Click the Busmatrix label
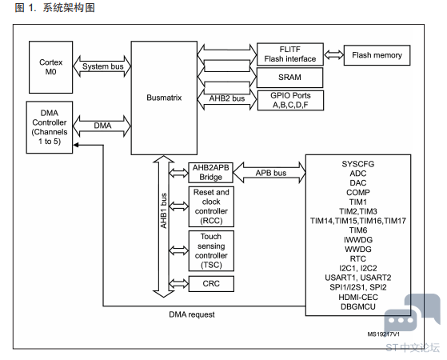coord(164,98)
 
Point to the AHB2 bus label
coord(227,98)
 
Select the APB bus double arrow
coord(269,173)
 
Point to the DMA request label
coord(192,314)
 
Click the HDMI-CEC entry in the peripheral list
coord(358,298)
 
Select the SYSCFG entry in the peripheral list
coord(358,164)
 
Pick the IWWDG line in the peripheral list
coord(358,240)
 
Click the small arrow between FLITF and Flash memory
coord(333,54)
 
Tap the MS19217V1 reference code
coord(383,334)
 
